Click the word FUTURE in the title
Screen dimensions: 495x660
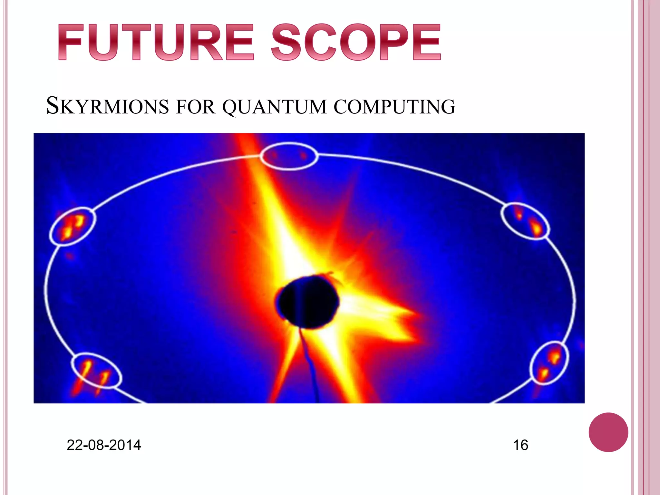[156, 42]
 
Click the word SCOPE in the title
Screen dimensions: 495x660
[356, 42]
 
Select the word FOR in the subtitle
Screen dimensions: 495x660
[196, 107]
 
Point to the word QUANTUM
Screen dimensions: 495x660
[274, 107]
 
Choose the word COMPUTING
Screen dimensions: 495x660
[394, 107]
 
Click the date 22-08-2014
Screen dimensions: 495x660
[104, 445]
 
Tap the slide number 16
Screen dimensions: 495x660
[520, 445]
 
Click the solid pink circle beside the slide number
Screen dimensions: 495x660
[608, 432]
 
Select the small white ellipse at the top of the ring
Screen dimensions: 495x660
[289, 156]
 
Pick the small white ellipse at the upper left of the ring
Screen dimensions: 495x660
[73, 227]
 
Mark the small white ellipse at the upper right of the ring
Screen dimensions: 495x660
[525, 221]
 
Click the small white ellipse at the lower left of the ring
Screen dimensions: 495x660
[96, 371]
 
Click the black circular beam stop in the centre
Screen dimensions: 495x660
[308, 302]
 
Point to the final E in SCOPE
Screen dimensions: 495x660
[427, 42]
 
